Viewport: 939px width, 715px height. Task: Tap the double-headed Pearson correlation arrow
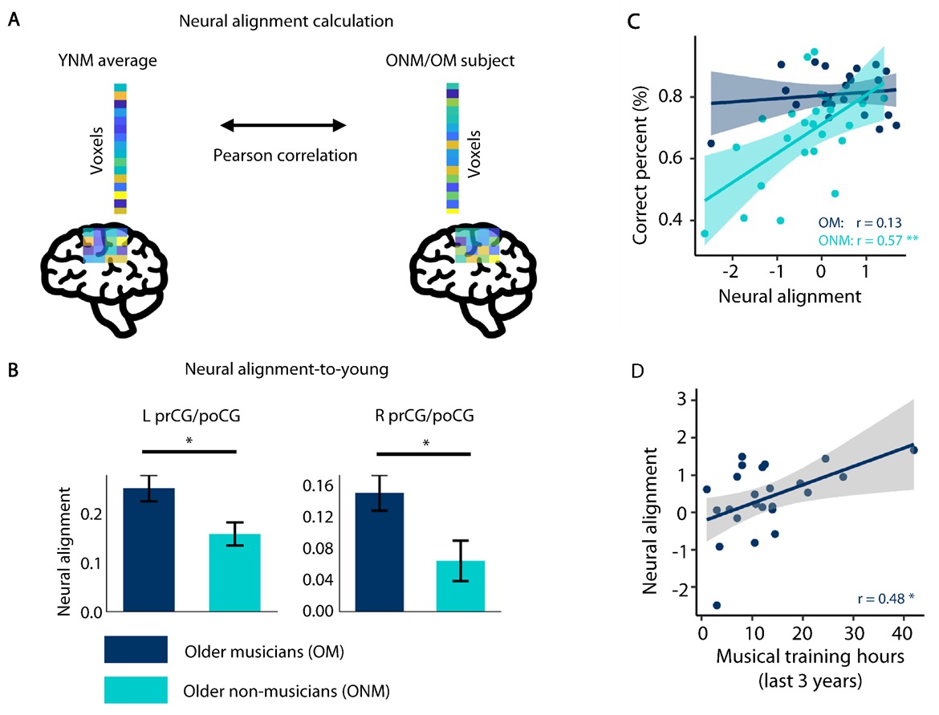pos(283,125)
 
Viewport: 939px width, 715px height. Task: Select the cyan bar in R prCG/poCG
pos(461,586)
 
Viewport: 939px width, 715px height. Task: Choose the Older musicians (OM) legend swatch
pos(136,650)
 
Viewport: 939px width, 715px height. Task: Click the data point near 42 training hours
pos(913,450)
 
